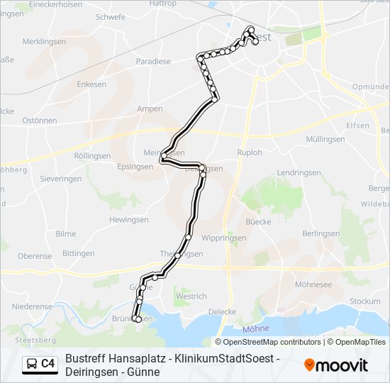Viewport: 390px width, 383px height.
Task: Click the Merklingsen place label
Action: click(x=44, y=42)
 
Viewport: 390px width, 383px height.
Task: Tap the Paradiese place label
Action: click(x=153, y=62)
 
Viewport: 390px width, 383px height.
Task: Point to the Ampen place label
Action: click(x=150, y=109)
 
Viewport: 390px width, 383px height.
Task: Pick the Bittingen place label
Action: click(x=78, y=253)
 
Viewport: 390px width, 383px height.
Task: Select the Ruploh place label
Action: click(x=249, y=152)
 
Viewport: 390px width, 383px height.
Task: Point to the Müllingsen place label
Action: click(x=325, y=139)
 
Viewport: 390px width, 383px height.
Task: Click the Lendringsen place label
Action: click(x=299, y=173)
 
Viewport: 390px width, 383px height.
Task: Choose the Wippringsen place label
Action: click(x=223, y=238)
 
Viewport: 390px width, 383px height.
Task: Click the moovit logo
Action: click(x=336, y=365)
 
